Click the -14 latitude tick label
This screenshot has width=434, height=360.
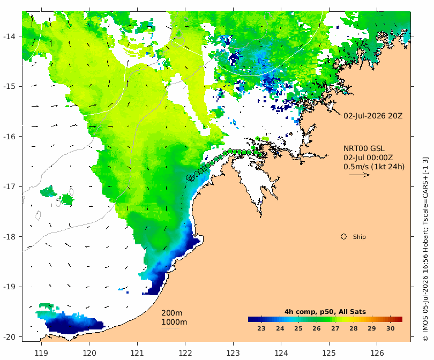pyautogui.click(x=10, y=36)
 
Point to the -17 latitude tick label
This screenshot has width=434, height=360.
pyautogui.click(x=10, y=186)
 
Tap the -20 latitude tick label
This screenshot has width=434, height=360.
pyautogui.click(x=10, y=337)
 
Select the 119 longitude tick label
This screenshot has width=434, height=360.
pyautogui.click(x=41, y=353)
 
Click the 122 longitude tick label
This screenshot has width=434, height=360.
pyautogui.click(x=185, y=353)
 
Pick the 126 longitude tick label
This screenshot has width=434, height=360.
pyautogui.click(x=377, y=353)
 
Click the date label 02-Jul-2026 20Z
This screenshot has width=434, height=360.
pyautogui.click(x=373, y=116)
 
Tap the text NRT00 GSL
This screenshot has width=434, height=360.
pyautogui.click(x=364, y=148)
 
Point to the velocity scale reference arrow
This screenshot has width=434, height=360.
pyautogui.click(x=360, y=175)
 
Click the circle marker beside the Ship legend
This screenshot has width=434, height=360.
pyautogui.click(x=343, y=237)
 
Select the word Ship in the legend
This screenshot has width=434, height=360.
pyautogui.click(x=360, y=237)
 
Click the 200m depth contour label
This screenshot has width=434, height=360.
pyautogui.click(x=171, y=313)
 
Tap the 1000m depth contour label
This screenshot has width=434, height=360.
pyautogui.click(x=174, y=322)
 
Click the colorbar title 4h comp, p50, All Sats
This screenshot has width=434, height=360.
pyautogui.click(x=325, y=312)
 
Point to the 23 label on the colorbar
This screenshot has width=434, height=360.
pyautogui.click(x=261, y=328)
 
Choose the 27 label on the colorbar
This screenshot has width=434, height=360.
pyautogui.click(x=335, y=328)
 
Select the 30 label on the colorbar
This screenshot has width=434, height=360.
pyautogui.click(x=390, y=328)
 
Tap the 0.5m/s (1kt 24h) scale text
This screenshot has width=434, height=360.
pyautogui.click(x=374, y=167)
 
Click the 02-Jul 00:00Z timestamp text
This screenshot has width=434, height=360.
pyautogui.click(x=368, y=157)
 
